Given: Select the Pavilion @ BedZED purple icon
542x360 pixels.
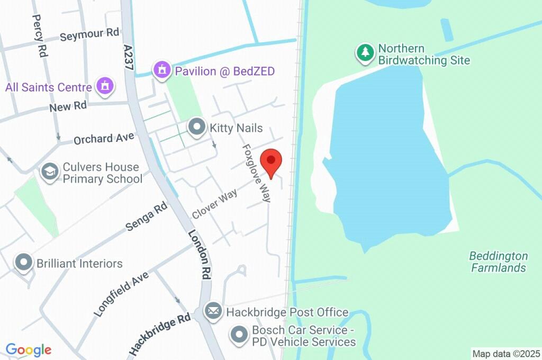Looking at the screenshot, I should [161, 70].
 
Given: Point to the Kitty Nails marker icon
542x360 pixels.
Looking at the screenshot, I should [197, 128].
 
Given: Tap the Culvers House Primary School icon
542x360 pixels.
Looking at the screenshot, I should [50, 172].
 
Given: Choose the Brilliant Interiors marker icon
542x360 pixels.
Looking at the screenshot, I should [24, 263].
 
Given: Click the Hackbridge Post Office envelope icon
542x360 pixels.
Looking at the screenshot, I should [214, 312].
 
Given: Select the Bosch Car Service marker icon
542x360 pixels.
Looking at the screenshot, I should [239, 335].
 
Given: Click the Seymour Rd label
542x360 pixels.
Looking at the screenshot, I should [89, 35].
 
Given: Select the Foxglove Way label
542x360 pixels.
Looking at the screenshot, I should [257, 173].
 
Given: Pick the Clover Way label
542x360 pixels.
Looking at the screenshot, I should [214, 205].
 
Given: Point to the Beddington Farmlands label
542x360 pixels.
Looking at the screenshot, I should [498, 262].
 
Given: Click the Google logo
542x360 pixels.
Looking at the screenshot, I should [29, 350].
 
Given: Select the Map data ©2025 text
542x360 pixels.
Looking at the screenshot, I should [506, 354].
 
